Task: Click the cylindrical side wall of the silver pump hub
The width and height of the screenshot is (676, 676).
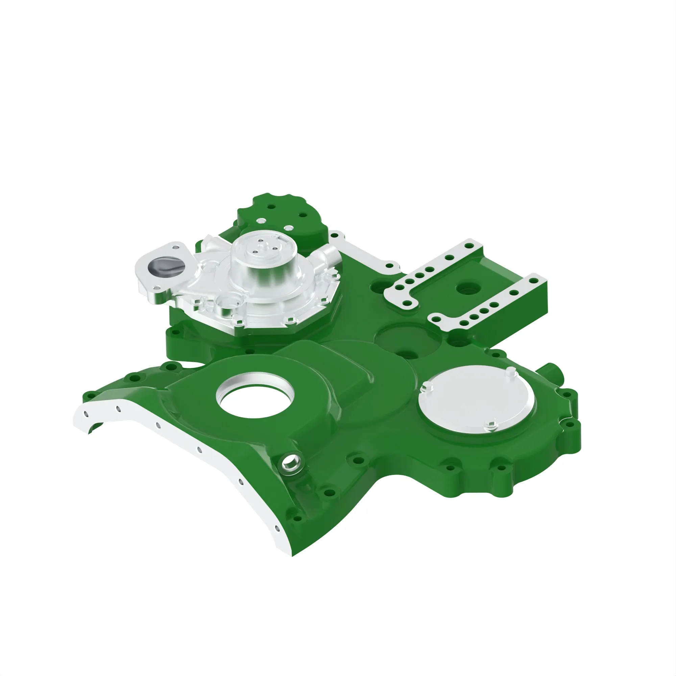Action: click(x=266, y=273)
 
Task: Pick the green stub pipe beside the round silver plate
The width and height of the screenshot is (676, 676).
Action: click(x=551, y=371)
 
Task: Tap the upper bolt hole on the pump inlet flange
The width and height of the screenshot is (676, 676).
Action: click(x=175, y=248)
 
